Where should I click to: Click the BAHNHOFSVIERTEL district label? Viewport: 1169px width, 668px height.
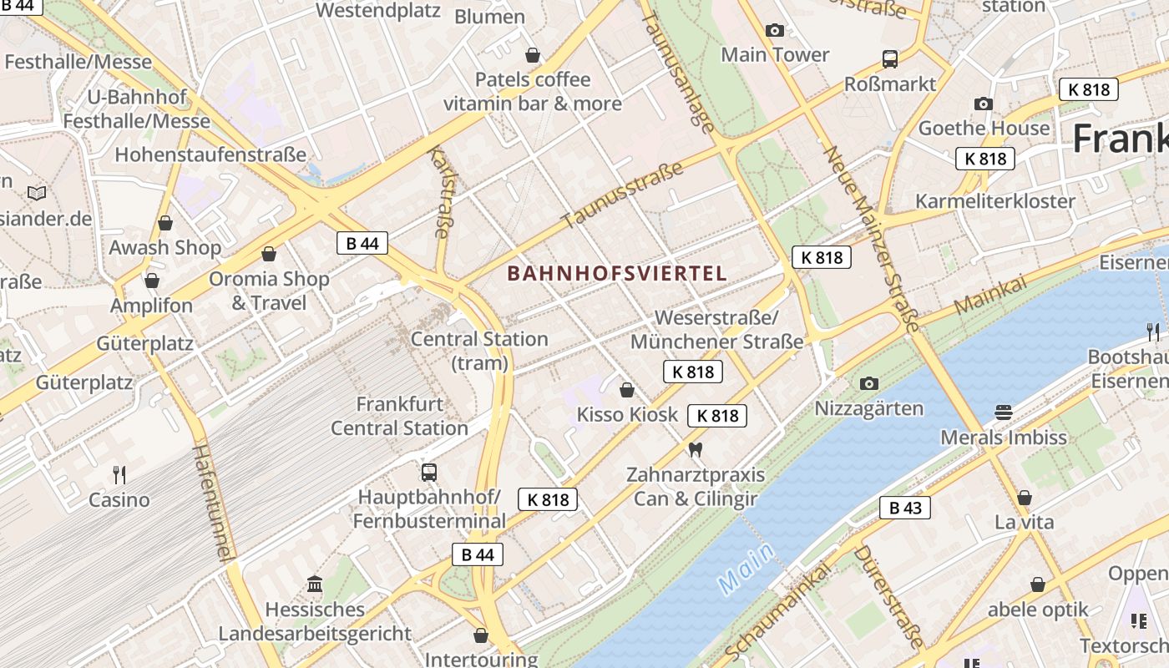tap(617, 273)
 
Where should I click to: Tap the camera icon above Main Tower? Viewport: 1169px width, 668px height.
tap(775, 31)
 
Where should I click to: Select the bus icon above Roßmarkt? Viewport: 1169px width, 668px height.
tap(890, 59)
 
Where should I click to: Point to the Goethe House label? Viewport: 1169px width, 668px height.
tap(984, 128)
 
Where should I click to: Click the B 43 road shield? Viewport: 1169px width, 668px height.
tap(904, 508)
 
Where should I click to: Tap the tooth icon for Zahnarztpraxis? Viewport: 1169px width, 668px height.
tap(695, 450)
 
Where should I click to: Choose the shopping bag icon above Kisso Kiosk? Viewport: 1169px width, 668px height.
tap(627, 390)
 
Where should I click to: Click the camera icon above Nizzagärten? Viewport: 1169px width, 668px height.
tap(869, 383)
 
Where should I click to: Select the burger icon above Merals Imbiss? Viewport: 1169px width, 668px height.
tap(1004, 412)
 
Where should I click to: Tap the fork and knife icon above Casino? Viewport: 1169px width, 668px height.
tap(119, 475)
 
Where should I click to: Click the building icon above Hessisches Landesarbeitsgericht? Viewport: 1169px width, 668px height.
tap(315, 584)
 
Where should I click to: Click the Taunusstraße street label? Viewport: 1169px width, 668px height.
tap(622, 195)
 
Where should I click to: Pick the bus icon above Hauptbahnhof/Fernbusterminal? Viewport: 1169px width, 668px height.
tap(429, 473)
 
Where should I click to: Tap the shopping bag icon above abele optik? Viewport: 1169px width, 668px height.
tap(1038, 584)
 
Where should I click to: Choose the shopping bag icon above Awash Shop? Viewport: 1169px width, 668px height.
tap(165, 223)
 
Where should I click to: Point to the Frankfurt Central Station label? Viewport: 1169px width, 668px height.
tap(399, 416)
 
